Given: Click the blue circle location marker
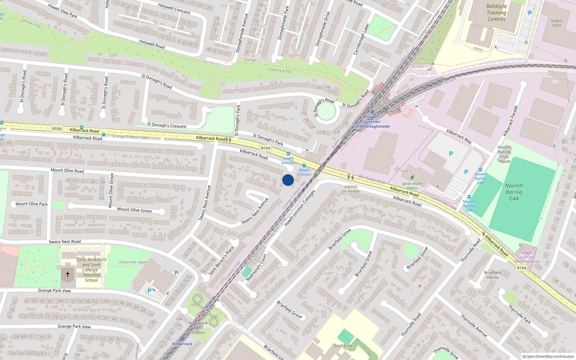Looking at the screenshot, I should (x=288, y=180).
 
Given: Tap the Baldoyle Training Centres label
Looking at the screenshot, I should (x=496, y=13).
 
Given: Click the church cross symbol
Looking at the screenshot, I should (x=67, y=274).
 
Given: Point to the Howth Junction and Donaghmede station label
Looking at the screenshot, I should (x=372, y=122).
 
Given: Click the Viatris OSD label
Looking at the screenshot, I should (x=557, y=23).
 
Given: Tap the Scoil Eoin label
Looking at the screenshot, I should (x=342, y=346).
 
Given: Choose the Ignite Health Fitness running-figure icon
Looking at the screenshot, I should (x=412, y=177).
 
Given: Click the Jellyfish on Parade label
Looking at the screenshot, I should (x=351, y=189).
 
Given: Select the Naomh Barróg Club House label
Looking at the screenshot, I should (x=504, y=154).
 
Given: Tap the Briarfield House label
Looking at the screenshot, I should (x=492, y=275).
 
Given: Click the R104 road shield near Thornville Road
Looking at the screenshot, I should (x=522, y=268).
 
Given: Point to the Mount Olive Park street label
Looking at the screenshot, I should (x=31, y=204).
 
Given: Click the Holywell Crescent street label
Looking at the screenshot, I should (x=174, y=8).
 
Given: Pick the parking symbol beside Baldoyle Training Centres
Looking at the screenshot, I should (x=530, y=13).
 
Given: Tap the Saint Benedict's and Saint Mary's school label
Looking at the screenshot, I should (x=91, y=270).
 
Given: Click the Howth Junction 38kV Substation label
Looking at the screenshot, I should (x=526, y=257).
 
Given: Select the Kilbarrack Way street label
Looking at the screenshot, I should (x=459, y=136).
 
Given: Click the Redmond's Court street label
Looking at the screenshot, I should (x=256, y=267).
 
